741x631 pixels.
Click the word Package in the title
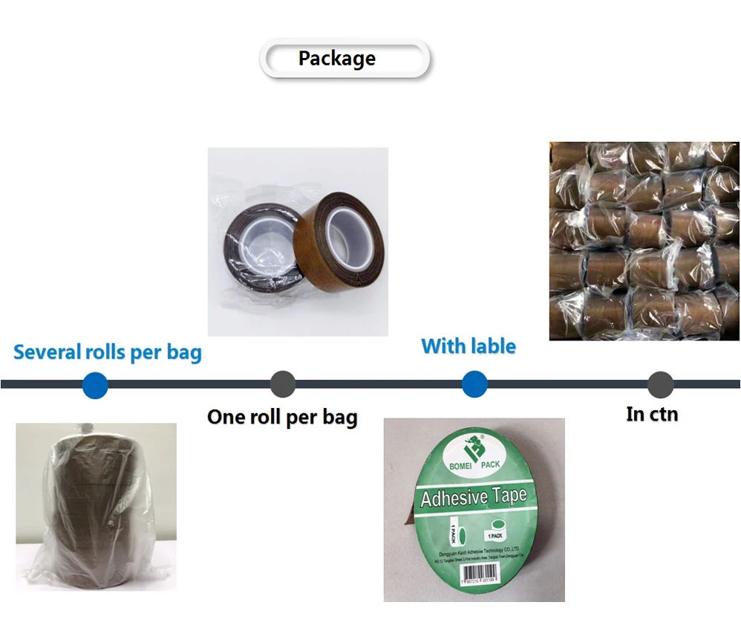(x=336, y=59)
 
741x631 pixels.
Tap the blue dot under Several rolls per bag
(x=95, y=385)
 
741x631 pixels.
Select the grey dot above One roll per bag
(x=283, y=384)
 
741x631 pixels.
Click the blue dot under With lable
(x=474, y=384)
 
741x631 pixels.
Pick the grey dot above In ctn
(x=660, y=384)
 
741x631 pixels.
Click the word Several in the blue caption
(x=48, y=352)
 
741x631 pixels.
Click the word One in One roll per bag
(x=226, y=417)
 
